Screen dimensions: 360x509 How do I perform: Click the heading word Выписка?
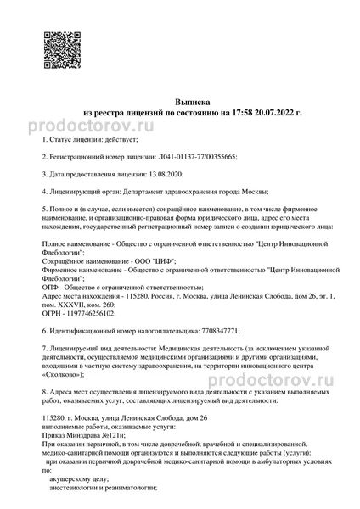point(180,99)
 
